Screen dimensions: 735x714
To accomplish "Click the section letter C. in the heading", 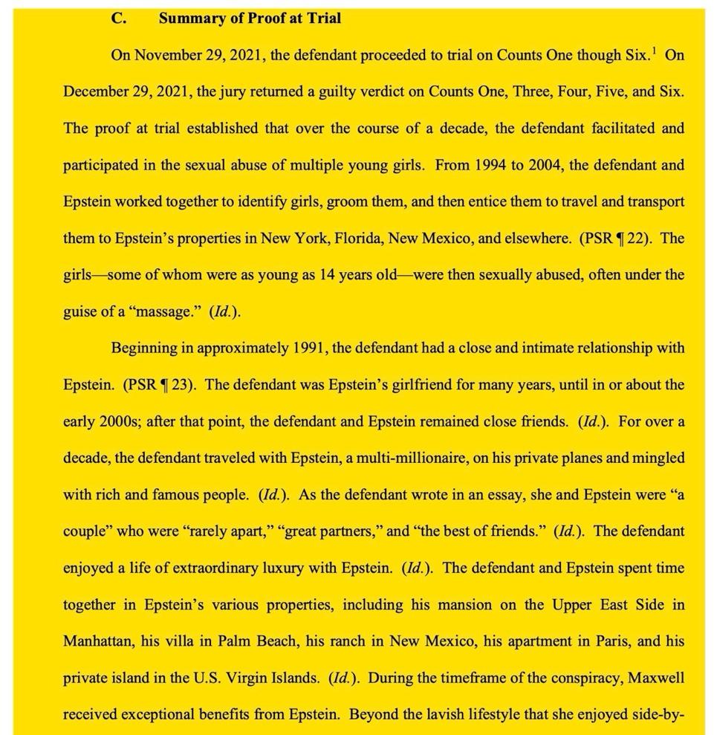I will [x=118, y=19].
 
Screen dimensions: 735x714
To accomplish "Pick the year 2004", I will [x=545, y=165].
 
